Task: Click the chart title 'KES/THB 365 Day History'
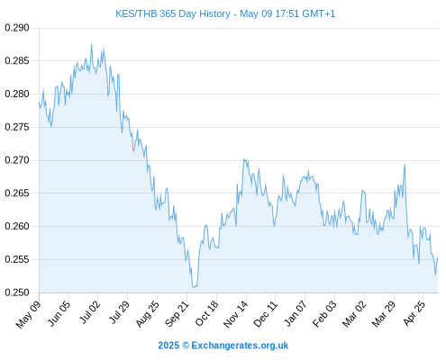[173, 13]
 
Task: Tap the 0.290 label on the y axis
[17, 28]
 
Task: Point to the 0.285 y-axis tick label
[17, 61]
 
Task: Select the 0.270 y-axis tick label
[17, 160]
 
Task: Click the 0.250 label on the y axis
[17, 292]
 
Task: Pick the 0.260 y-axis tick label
[17, 226]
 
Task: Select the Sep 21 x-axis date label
[177, 313]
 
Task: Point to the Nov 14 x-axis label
[236, 313]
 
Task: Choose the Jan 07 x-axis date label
[296, 313]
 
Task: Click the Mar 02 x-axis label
[354, 313]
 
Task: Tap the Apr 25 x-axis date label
[414, 313]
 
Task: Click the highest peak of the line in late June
[92, 44]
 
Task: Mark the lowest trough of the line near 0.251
[194, 287]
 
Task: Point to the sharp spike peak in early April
[405, 165]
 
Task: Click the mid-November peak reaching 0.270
[244, 159]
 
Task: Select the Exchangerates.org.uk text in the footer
[240, 346]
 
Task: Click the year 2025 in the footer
[168, 346]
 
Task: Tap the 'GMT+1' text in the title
[318, 13]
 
